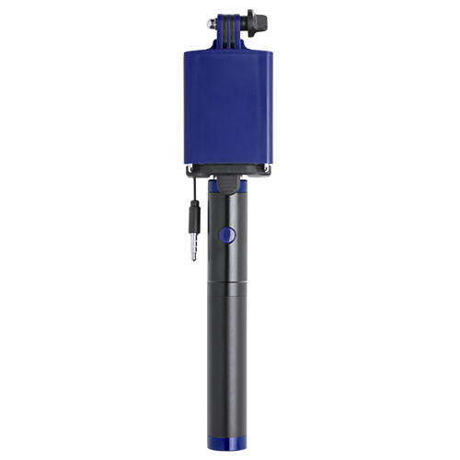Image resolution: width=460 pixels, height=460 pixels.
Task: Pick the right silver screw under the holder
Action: [x=265, y=167]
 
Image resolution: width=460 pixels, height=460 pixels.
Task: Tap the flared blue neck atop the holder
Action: [x=227, y=41]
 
